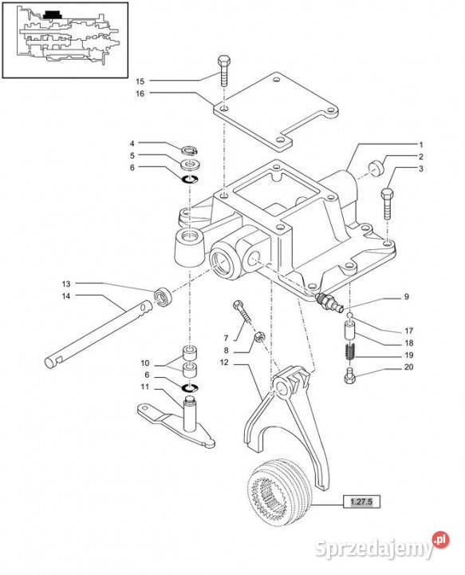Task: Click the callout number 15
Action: pos(140,81)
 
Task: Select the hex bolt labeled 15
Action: pos(223,71)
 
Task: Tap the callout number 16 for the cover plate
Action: pos(140,93)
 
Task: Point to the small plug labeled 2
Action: pos(376,168)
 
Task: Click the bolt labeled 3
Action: pos(388,204)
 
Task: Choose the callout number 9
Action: pos(406,296)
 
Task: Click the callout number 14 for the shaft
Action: pos(66,296)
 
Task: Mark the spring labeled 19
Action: pos(350,352)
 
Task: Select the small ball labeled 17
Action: pos(350,315)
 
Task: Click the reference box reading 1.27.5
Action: pos(361,502)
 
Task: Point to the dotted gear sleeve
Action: pos(280,492)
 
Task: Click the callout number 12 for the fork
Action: pos(224,363)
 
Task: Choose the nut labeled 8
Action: pos(259,336)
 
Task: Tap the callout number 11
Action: pos(145,387)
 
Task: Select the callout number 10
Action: pos(145,363)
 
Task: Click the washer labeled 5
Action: pos(190,164)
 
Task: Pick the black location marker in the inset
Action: pos(53,14)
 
